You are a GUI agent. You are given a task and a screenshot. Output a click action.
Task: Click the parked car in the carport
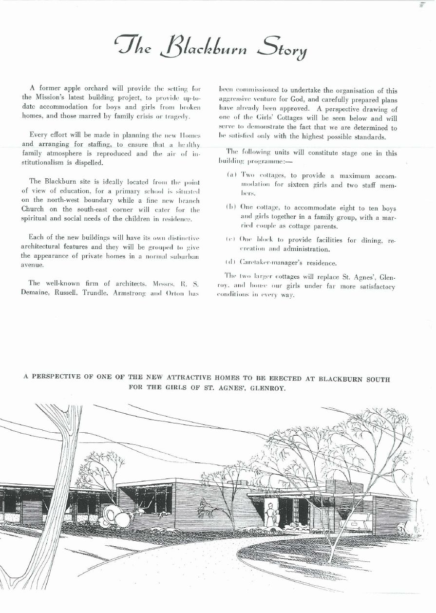coord(357,522)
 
